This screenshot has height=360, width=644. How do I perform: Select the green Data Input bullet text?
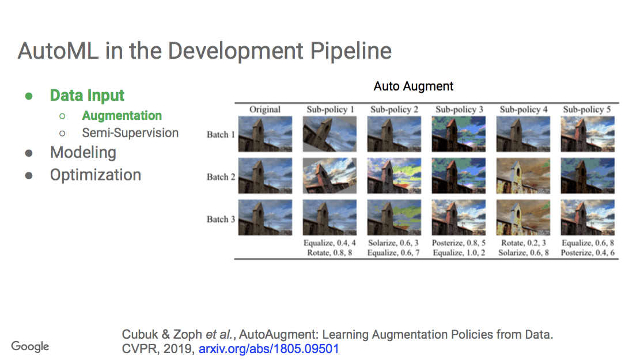click(87, 96)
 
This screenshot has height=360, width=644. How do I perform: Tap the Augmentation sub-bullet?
click(122, 116)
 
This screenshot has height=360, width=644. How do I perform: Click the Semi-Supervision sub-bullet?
click(130, 133)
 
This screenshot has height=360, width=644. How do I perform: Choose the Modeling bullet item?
click(83, 153)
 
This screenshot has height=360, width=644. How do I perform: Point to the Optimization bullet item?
click(96, 175)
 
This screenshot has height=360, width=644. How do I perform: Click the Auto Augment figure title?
click(414, 86)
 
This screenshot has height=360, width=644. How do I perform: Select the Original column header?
click(265, 109)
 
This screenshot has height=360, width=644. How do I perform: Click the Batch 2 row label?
click(221, 177)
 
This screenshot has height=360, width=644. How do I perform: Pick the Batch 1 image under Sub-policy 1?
click(330, 134)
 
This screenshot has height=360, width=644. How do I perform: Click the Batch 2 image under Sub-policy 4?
click(523, 176)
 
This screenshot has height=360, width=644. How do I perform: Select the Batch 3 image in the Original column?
click(265, 217)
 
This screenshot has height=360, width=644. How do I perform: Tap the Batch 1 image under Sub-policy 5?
click(588, 134)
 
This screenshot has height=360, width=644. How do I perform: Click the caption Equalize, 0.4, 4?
click(330, 244)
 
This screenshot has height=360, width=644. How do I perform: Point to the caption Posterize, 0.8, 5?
click(459, 244)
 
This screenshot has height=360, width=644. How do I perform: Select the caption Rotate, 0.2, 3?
click(523, 244)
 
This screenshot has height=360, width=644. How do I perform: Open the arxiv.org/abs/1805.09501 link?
click(269, 348)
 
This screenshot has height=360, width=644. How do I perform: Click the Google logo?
click(30, 346)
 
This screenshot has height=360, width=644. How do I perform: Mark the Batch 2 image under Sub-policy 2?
click(395, 176)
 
